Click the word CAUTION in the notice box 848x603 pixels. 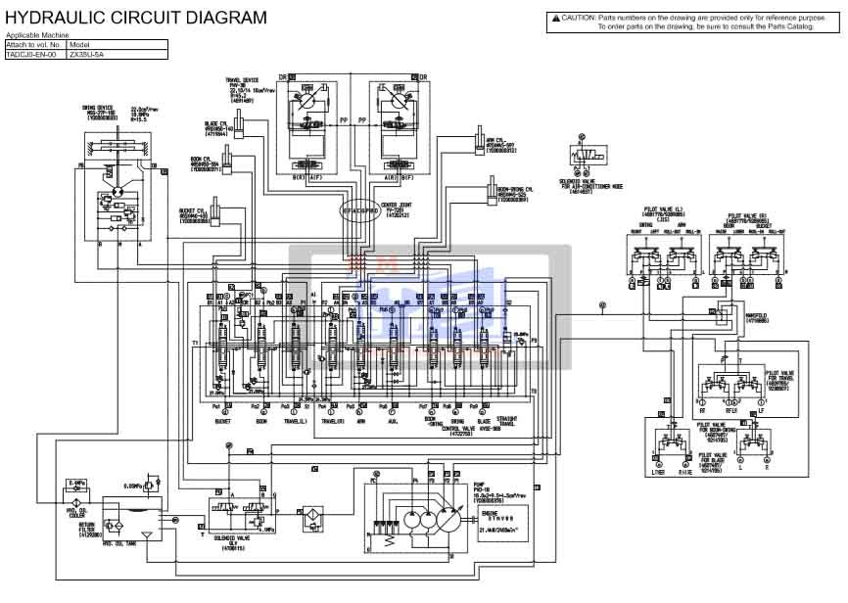coord(578,18)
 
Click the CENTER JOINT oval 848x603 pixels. coord(359,210)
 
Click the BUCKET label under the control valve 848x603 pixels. coord(221,422)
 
